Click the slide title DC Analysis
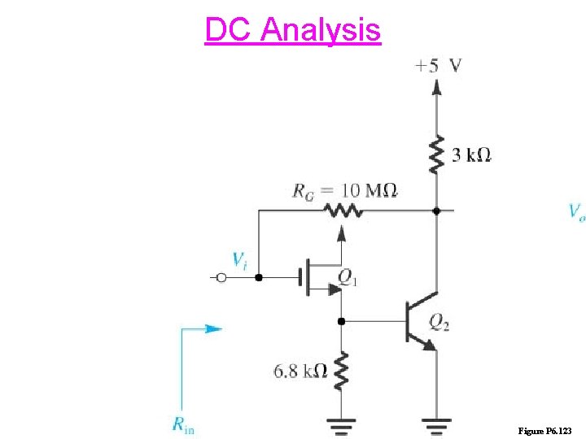pos(292,30)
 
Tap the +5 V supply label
pos(437,66)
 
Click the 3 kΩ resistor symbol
pos(437,154)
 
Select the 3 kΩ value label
pos(471,154)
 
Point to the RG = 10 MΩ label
pos(344,191)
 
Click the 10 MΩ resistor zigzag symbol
pos(340,211)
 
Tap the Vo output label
pos(575,212)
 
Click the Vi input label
pos(239,260)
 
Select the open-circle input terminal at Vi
pos(219,278)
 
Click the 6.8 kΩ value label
pos(300,371)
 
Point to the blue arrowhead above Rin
pos(214,329)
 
